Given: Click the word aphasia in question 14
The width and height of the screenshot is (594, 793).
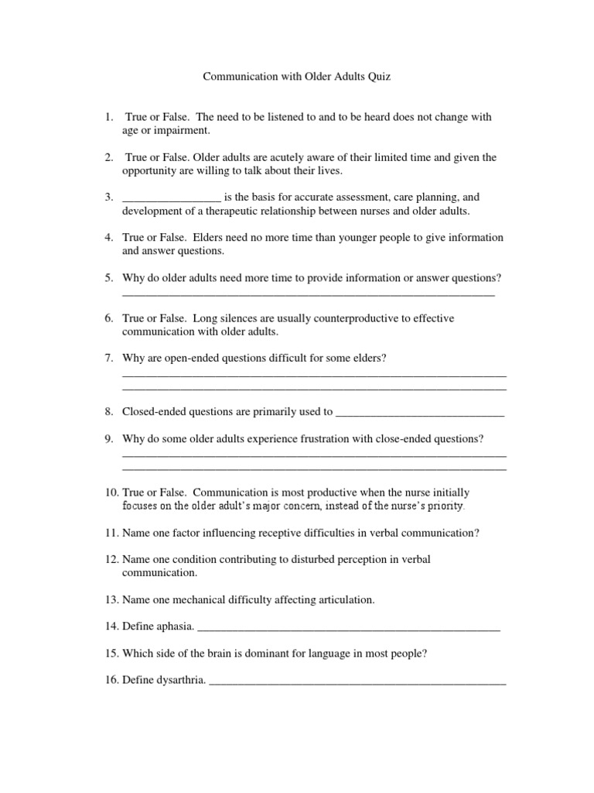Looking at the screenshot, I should [176, 627].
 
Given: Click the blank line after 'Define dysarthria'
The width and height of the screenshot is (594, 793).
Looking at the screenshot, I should [357, 682].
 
